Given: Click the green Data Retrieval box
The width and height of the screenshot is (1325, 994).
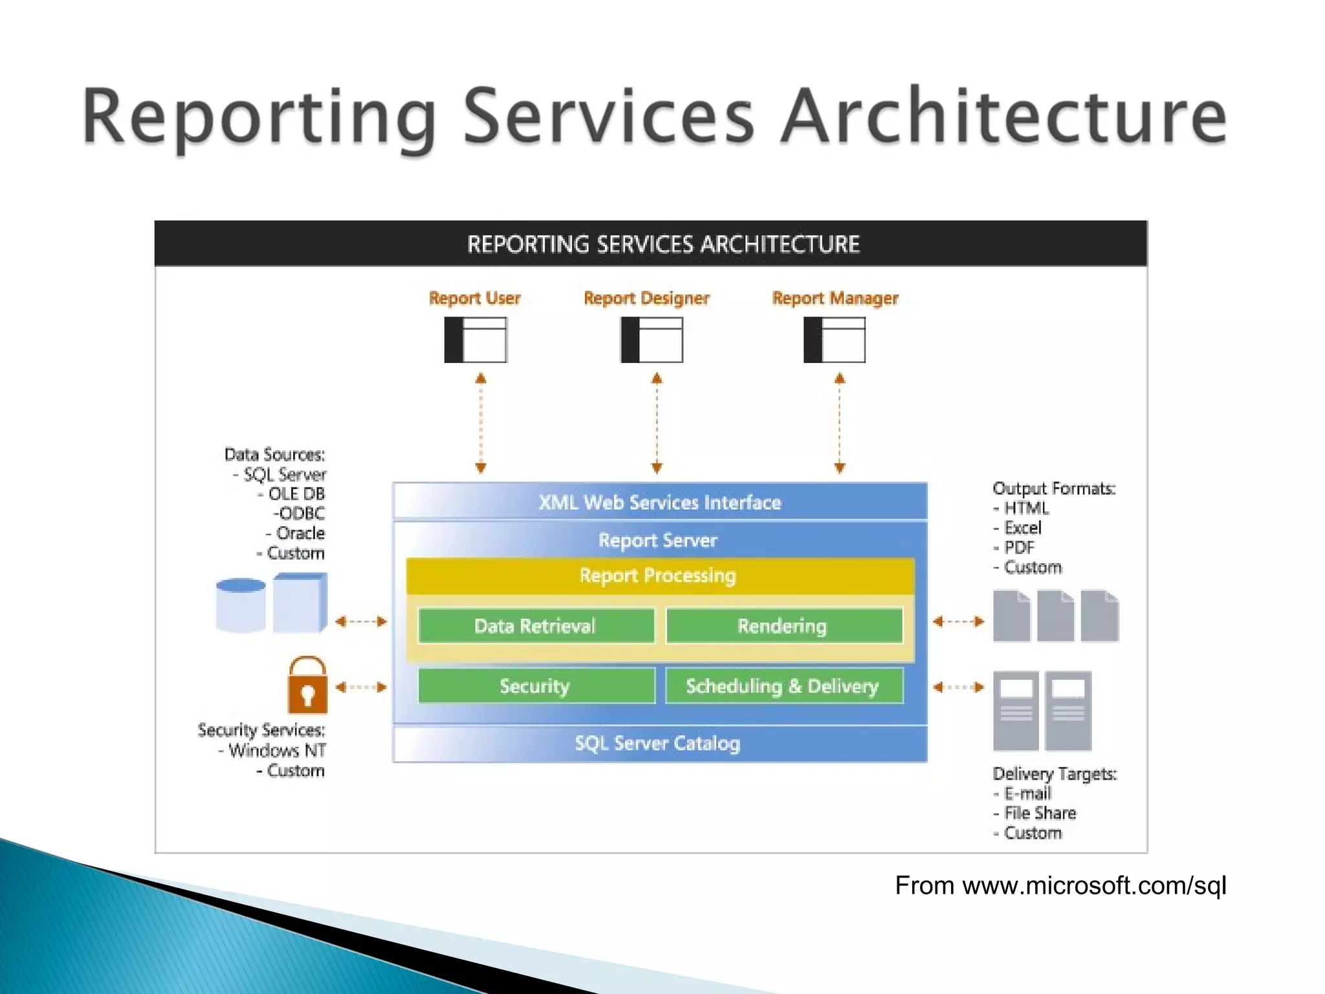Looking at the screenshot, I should click(536, 626).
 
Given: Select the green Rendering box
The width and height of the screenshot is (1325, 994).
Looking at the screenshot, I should click(783, 626).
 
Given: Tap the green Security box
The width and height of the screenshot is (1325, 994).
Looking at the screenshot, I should click(536, 686).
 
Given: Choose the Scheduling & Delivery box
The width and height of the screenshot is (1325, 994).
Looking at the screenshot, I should click(783, 686).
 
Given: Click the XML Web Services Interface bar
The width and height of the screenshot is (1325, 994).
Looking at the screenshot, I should click(660, 502).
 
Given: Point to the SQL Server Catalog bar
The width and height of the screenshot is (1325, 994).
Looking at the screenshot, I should click(659, 744).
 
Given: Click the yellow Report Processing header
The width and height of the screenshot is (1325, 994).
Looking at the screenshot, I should click(659, 575).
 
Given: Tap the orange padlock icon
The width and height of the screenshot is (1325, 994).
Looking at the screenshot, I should click(307, 685).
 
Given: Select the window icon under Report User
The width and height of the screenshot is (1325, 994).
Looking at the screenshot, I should click(476, 340).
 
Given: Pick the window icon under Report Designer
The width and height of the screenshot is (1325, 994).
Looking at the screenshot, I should click(652, 340).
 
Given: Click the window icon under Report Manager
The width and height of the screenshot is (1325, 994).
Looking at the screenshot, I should click(835, 340).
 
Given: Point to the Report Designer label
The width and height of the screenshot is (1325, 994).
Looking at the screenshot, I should click(646, 298).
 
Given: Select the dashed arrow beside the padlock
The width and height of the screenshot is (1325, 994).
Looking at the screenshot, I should click(361, 687).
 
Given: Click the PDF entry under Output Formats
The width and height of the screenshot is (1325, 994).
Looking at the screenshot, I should click(1019, 547).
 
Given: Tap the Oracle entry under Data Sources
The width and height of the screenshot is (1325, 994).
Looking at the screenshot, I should click(300, 533).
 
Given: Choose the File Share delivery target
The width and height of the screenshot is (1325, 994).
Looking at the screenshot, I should click(1039, 813).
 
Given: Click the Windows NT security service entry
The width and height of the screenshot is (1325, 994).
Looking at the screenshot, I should click(277, 751).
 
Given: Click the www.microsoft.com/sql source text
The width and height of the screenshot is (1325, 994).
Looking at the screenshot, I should click(1093, 886).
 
